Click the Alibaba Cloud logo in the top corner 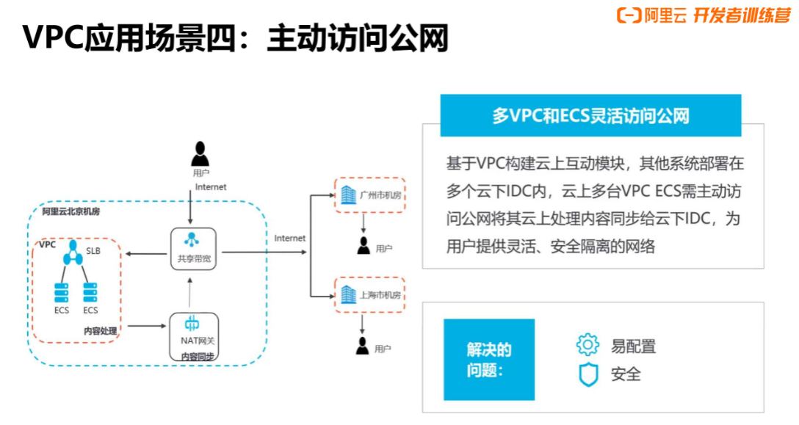coord(629,15)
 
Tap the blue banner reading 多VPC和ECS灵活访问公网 coord(590,116)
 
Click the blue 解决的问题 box coord(488,360)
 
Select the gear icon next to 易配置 coord(587,345)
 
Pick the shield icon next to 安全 coord(588,374)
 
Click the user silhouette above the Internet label coord(200,154)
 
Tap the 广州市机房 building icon coord(347,195)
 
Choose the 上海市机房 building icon coord(347,294)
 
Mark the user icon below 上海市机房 coord(362,345)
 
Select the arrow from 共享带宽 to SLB coord(145,254)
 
